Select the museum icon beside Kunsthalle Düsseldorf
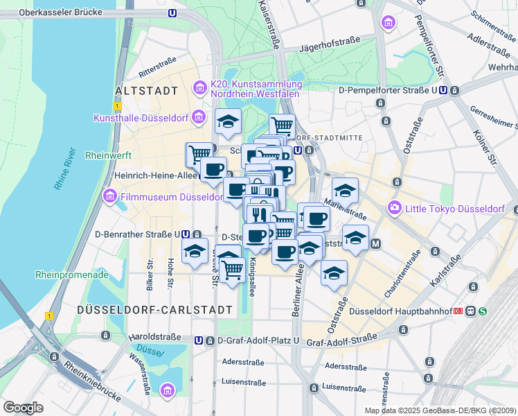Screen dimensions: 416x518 [x=199, y=116]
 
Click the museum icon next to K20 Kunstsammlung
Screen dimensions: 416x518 [x=200, y=87]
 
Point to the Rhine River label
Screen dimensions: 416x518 [x=64, y=168]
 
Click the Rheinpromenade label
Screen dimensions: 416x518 [x=72, y=275]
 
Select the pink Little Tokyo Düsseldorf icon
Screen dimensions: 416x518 [x=395, y=207]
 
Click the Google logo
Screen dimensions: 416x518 [x=23, y=408]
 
